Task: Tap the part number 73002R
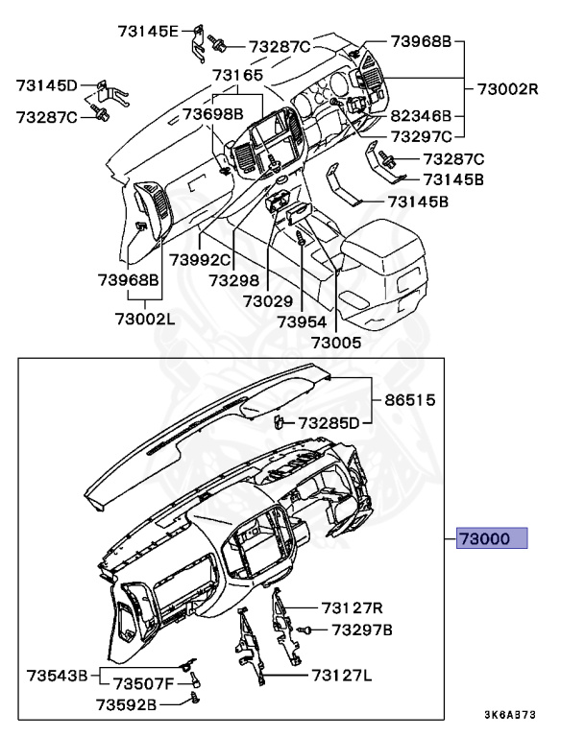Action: [x=508, y=89]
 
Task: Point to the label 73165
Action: [x=237, y=74]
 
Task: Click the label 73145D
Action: [x=46, y=85]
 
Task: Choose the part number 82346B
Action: [x=422, y=112]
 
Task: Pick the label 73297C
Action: [x=422, y=135]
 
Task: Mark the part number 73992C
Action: [x=201, y=259]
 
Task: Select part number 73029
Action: [x=267, y=300]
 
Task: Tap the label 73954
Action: [x=302, y=321]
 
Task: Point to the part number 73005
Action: [x=335, y=342]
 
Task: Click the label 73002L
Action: [x=143, y=319]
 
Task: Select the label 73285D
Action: [x=329, y=422]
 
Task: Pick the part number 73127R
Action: [x=353, y=606]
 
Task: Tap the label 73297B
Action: [x=362, y=630]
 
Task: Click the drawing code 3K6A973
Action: [x=509, y=715]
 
